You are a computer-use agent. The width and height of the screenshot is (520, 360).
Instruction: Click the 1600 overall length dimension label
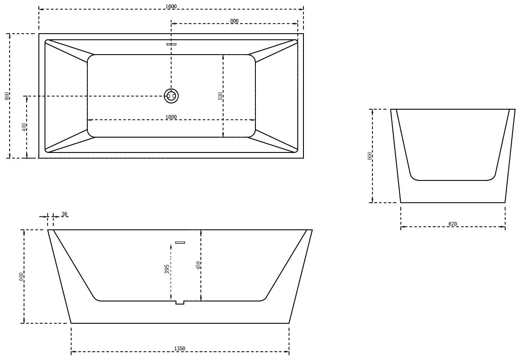[172, 6]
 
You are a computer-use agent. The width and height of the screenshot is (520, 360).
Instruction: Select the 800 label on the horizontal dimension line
[234, 21]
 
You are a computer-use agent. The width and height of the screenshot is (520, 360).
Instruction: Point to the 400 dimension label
[24, 127]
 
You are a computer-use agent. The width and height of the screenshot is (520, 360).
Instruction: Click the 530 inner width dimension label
[220, 96]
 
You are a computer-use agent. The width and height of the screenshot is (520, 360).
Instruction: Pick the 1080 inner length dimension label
[171, 117]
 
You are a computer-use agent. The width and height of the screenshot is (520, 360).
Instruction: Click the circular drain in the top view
[171, 96]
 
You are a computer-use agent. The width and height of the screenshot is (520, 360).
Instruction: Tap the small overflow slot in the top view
[171, 44]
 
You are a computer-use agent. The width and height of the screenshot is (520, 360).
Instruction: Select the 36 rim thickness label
[65, 214]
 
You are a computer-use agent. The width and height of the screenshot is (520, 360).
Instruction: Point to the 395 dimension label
[167, 269]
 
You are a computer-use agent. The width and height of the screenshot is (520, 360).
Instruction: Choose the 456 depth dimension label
[198, 265]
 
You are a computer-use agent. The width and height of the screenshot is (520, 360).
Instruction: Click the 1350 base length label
[180, 348]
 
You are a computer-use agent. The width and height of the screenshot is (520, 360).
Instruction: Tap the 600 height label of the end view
[370, 156]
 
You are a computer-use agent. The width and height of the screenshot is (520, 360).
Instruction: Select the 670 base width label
[452, 224]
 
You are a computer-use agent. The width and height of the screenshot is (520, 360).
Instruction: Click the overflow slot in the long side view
[180, 242]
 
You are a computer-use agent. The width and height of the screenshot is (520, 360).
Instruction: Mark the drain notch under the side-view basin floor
[180, 302]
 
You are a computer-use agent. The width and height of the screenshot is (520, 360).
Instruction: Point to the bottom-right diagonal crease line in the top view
[275, 141]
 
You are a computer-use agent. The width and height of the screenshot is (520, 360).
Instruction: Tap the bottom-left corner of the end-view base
[401, 203]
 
